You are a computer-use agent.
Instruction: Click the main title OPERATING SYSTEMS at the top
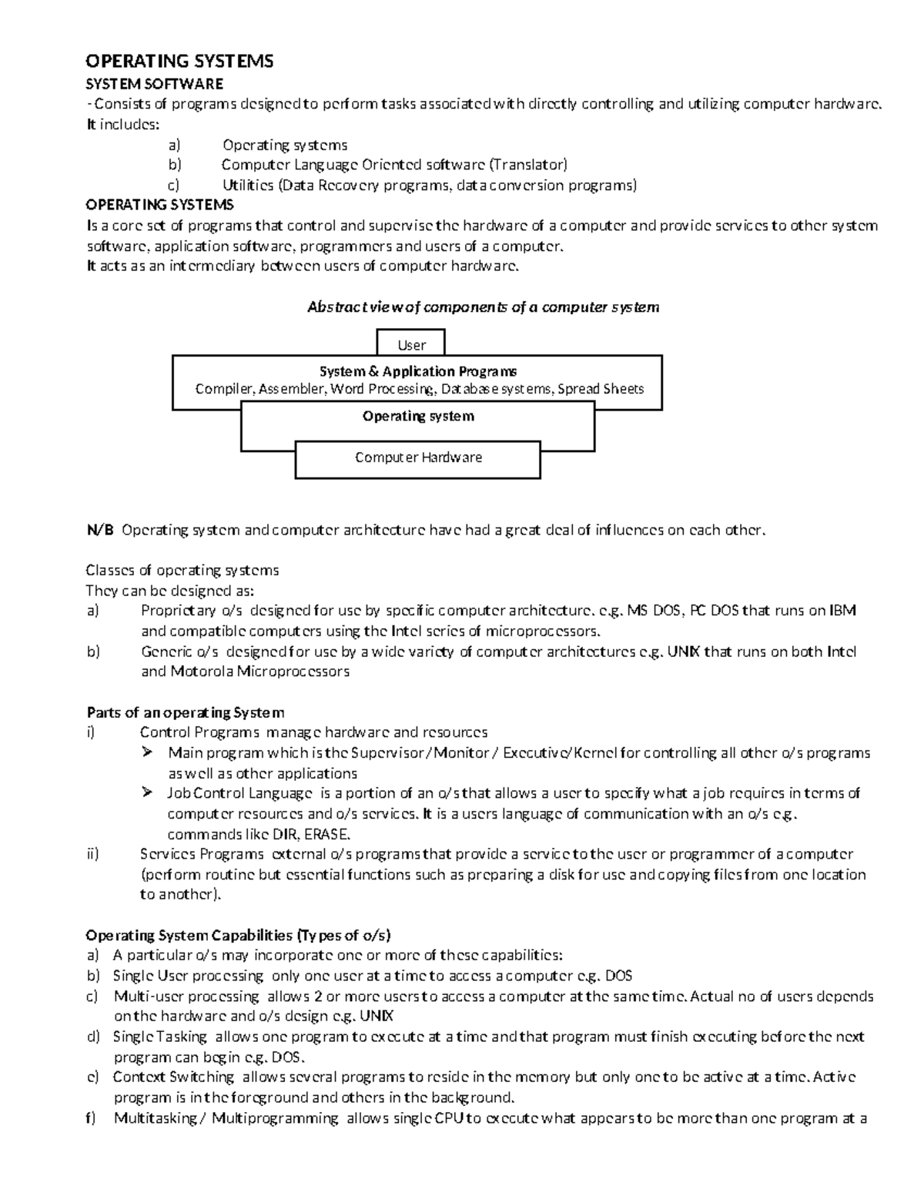click(179, 61)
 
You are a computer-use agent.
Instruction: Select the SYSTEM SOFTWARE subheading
click(154, 83)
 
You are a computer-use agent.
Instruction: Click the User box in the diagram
click(411, 344)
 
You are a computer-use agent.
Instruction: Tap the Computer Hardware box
click(418, 457)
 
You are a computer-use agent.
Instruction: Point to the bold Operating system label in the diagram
click(418, 417)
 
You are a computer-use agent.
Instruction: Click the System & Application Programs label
click(418, 371)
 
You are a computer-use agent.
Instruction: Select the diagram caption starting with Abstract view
click(483, 307)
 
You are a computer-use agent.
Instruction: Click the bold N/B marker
click(99, 530)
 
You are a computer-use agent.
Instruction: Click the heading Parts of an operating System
click(185, 712)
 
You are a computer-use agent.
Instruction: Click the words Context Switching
click(173, 1077)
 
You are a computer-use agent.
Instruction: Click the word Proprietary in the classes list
click(178, 611)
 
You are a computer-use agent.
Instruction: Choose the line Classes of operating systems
click(182, 570)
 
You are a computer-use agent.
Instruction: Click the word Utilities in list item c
click(248, 185)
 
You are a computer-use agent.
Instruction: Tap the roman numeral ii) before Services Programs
click(92, 853)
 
